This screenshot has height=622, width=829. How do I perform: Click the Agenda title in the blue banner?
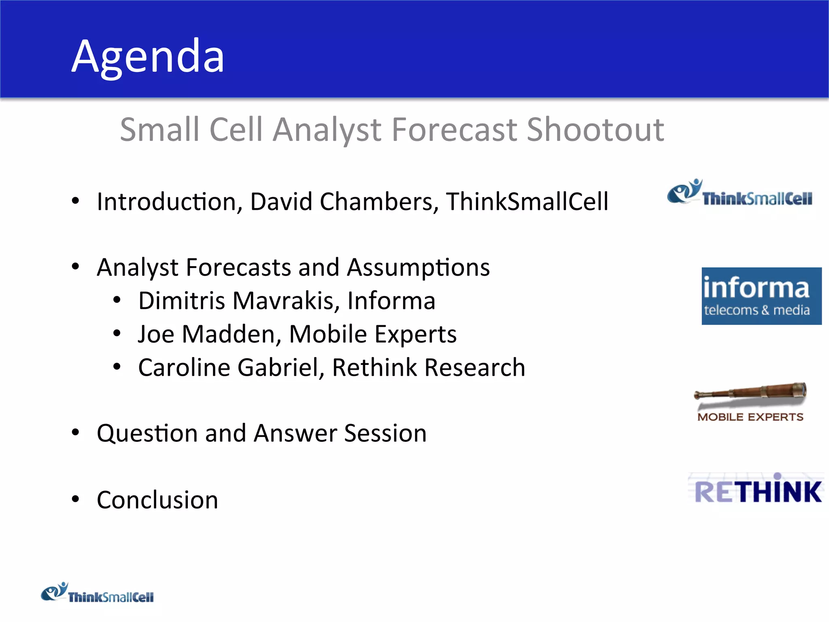(x=148, y=57)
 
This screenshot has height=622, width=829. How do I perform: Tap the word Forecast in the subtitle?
(x=455, y=130)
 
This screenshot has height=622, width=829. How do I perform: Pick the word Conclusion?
(x=157, y=500)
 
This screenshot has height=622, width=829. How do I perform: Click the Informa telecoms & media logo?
(x=761, y=296)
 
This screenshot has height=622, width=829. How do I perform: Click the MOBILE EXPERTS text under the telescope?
(x=750, y=417)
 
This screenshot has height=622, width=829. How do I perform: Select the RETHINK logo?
(x=757, y=491)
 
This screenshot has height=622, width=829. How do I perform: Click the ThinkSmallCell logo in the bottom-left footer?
(x=97, y=593)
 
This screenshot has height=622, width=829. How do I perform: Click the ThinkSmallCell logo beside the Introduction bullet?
(x=740, y=193)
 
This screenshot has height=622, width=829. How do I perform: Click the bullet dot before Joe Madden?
(x=117, y=333)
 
